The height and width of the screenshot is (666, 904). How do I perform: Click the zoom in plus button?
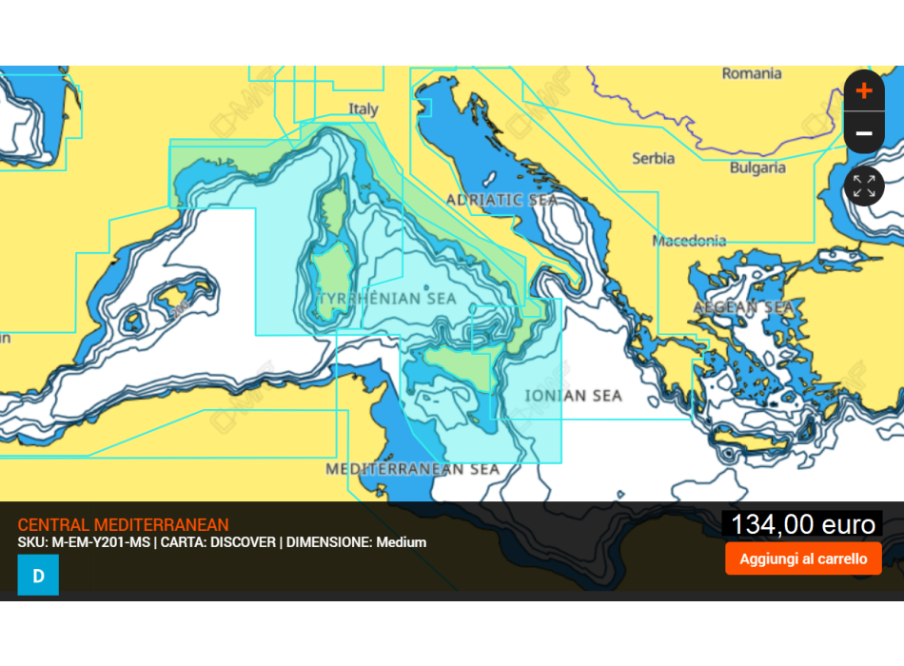click(863, 91)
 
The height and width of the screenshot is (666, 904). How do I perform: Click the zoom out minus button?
click(863, 133)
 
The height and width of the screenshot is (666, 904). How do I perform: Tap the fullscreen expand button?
click(863, 186)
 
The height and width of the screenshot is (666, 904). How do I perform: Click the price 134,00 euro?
click(802, 524)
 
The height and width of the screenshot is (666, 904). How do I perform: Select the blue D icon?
click(38, 576)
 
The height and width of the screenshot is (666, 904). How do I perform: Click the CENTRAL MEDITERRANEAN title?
click(123, 525)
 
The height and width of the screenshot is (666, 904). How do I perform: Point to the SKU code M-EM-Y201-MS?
click(99, 542)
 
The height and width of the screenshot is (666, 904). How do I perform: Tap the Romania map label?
click(751, 73)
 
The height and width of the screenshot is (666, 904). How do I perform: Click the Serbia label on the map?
click(653, 158)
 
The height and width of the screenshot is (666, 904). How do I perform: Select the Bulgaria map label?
click(757, 167)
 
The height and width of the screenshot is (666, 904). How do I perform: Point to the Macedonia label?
click(689, 241)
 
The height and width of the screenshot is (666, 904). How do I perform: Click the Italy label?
click(363, 109)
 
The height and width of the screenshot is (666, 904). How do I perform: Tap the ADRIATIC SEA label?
click(501, 200)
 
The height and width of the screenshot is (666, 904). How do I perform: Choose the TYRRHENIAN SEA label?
click(386, 299)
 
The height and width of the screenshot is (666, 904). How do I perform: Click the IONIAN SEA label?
click(574, 396)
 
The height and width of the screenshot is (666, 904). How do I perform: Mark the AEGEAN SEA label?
click(743, 307)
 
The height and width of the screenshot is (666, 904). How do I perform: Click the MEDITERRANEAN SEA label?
click(412, 469)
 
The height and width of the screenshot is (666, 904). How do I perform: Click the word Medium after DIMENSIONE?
click(402, 542)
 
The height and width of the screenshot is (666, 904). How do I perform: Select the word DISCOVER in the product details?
click(243, 542)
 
